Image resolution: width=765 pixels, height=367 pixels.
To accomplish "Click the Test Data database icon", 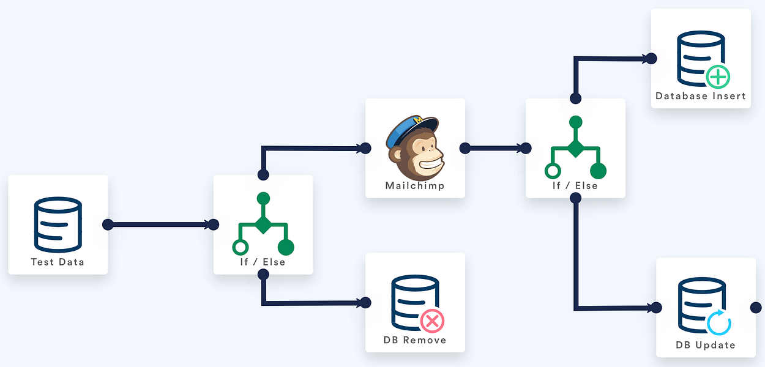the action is pos(58,224).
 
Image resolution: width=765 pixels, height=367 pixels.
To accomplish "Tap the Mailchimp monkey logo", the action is pos(415,147).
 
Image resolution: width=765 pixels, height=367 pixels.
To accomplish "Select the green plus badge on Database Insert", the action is pos(718,77).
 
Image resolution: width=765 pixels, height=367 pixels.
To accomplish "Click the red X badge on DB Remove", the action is pos(432,321).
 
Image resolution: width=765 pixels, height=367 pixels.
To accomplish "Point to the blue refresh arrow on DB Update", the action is pos(718,322).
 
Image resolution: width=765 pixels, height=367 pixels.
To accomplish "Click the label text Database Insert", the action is pos(701,96).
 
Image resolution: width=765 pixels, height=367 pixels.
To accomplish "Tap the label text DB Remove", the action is pos(415,340).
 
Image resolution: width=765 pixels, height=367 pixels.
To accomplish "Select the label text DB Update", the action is pos(706,345).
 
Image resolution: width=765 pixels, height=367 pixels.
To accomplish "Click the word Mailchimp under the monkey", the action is pos(415,186).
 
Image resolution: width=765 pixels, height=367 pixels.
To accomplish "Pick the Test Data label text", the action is pos(58,262).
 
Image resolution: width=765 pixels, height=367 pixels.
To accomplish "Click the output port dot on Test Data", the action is pos(108,224).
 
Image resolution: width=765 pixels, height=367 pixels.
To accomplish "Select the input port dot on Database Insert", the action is pos(651,59).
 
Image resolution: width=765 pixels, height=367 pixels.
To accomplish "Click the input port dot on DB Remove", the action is pos(365,303).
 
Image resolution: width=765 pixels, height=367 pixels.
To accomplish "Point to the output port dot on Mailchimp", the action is pos(465,148).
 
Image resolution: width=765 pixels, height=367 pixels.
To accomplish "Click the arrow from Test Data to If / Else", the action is pos(160,224).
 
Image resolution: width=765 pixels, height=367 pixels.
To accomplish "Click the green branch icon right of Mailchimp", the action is pos(575,147).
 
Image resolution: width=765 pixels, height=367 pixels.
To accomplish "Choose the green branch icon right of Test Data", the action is pos(263,224).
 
